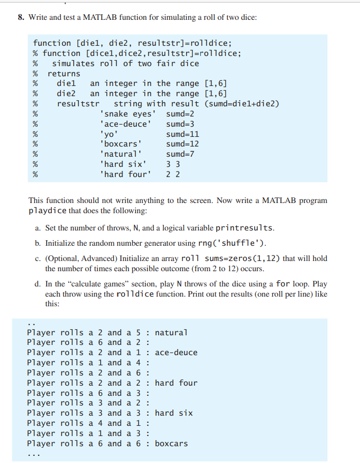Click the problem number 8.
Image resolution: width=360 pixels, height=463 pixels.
(20, 17)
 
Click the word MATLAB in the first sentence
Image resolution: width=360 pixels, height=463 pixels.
(101, 17)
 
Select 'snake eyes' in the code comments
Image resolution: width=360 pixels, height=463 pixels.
(128, 114)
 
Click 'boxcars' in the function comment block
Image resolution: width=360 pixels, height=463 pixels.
(121, 144)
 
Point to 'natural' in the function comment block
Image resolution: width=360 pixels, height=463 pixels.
(121, 154)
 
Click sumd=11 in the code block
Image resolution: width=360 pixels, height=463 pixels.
(183, 134)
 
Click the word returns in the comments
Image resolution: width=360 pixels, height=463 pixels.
(64, 74)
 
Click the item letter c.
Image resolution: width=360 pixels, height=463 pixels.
(38, 258)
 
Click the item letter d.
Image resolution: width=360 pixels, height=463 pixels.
(38, 284)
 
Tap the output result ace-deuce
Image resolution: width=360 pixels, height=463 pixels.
(176, 353)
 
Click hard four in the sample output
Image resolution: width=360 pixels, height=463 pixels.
(176, 383)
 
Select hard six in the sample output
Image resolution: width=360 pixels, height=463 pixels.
(174, 413)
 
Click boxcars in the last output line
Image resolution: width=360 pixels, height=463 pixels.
(171, 444)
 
